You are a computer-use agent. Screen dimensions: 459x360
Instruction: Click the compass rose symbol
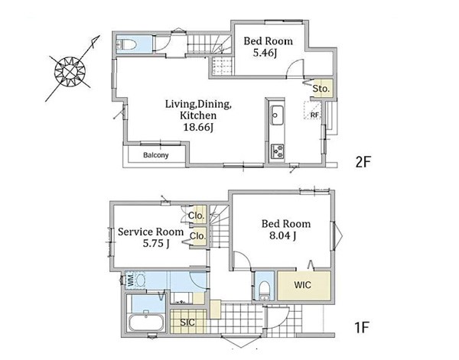click(70, 71)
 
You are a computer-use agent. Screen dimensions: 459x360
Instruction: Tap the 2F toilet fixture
click(126, 45)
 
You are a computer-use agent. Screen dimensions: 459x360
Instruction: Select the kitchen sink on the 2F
click(277, 115)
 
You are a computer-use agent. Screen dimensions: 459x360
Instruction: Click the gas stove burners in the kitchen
click(277, 151)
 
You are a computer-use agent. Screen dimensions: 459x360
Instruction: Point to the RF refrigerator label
click(314, 115)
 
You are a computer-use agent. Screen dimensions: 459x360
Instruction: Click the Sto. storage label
click(321, 89)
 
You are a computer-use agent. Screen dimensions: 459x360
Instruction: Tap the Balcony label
click(156, 155)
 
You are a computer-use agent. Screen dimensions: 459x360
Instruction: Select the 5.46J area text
click(265, 54)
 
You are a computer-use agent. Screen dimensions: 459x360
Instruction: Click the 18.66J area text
click(198, 127)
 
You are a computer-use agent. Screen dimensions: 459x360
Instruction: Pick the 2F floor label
click(363, 162)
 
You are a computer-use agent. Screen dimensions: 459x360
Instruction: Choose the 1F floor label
click(361, 327)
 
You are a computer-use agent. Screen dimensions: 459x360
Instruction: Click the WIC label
click(303, 285)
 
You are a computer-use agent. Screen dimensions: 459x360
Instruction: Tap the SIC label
click(187, 323)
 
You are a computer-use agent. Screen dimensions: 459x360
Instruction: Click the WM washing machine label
click(131, 280)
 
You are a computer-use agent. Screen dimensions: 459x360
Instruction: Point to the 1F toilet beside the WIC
click(265, 288)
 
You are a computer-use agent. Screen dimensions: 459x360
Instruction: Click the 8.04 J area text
click(282, 235)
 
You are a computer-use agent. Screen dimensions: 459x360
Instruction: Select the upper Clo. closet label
click(196, 216)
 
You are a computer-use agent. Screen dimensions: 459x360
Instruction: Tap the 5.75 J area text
click(156, 243)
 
